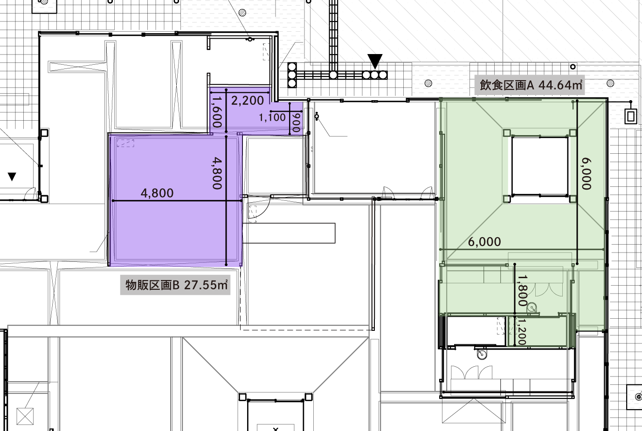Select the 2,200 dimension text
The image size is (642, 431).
(x=248, y=101)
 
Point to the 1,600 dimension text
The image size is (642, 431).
(x=217, y=112)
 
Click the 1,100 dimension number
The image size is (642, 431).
(x=272, y=117)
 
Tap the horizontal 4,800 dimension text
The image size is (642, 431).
(x=157, y=193)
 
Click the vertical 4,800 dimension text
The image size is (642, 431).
(x=217, y=173)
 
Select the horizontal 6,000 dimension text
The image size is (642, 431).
(x=484, y=242)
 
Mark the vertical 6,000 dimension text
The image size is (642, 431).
(x=587, y=173)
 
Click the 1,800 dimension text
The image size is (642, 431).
(x=523, y=290)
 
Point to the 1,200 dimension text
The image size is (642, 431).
(x=522, y=332)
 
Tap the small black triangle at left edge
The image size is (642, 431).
(x=12, y=177)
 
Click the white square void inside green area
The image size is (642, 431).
(x=540, y=166)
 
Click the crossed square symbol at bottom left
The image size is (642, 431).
(x=25, y=416)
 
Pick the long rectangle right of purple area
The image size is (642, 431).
(x=289, y=233)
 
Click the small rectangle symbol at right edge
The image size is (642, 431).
(x=631, y=116)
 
